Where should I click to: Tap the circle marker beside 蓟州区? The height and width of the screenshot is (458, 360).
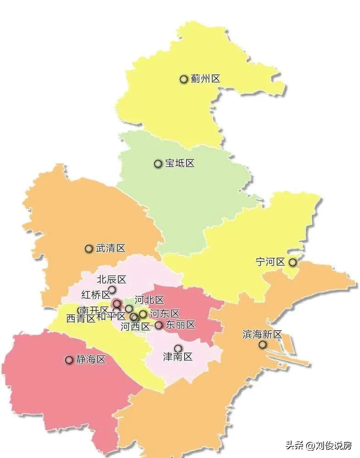coord(184,79)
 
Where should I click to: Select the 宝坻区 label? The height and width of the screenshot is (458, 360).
coord(180,164)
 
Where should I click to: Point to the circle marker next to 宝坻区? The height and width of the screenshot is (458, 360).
coord(158,164)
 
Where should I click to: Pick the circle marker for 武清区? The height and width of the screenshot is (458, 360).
coord(89,249)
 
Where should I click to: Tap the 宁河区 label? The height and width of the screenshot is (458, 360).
coord(270,262)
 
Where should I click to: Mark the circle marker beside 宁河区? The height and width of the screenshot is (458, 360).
coord(292,262)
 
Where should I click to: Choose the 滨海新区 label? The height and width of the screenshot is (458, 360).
coord(262,334)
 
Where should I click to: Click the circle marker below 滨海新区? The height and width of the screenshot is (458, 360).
coord(262,344)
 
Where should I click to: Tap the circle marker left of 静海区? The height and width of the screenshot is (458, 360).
coord(69,360)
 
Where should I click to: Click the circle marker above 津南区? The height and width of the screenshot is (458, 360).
coord(178,349)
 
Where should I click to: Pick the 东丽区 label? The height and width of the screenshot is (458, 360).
coord(180,325)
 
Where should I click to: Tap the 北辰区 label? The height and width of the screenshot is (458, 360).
coord(111,279)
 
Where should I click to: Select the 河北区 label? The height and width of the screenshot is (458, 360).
coord(149,300)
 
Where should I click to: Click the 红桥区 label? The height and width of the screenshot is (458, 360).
coord(95,294)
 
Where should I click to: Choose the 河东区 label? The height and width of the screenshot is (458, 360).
coord(165,314)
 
